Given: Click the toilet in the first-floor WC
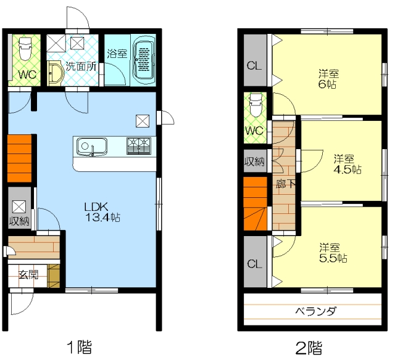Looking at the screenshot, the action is [x=25, y=49].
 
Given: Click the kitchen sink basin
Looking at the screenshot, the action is [x=92, y=146].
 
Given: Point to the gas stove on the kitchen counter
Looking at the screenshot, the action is [x=139, y=146].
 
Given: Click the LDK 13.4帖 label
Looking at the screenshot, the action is [x=102, y=212].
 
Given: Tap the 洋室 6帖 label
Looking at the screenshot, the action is [x=328, y=79].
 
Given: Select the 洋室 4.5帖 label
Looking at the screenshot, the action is [x=347, y=164].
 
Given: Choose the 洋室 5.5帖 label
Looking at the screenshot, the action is [x=333, y=253].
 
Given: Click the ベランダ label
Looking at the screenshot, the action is [x=315, y=311].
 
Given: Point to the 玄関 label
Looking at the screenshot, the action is [x=28, y=274].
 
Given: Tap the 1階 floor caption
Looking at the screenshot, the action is [x=79, y=347].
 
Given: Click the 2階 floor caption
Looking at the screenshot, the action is [x=309, y=348].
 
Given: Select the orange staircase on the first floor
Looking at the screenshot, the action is [x=20, y=158].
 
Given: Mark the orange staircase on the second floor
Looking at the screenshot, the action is [x=255, y=203].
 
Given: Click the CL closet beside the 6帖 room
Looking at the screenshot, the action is [x=255, y=60].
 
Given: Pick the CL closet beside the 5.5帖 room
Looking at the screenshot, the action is [x=255, y=261].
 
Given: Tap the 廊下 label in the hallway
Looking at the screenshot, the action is [x=285, y=184].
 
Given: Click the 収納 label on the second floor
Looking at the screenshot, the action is [x=255, y=162].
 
